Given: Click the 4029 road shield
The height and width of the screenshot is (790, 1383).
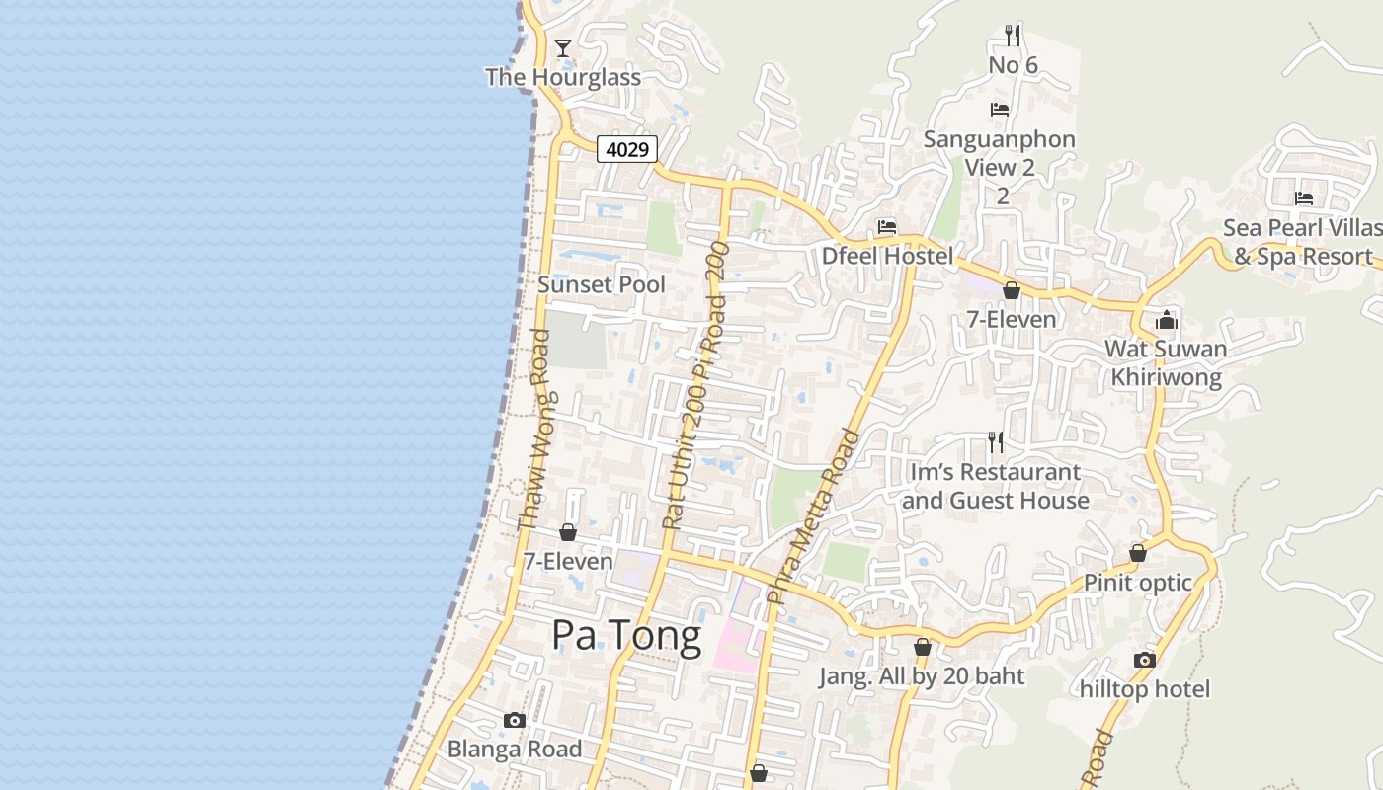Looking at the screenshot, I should [x=627, y=150].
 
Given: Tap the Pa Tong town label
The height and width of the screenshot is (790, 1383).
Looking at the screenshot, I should [x=626, y=635].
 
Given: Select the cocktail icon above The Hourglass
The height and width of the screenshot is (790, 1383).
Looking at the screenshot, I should [x=563, y=47].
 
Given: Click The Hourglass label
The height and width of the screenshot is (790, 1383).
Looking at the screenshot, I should [x=563, y=77].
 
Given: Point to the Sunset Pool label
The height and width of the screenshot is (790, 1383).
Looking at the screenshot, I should [x=602, y=284].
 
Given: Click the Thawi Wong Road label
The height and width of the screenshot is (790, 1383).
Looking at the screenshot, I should [x=534, y=429].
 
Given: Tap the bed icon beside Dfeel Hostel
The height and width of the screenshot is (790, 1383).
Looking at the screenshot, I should [x=887, y=227].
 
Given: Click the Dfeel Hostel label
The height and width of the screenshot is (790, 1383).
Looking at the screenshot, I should [x=888, y=256].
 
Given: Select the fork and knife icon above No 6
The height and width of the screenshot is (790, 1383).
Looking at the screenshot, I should [x=1013, y=36].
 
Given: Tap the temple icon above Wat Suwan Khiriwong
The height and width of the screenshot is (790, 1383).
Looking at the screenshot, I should [x=1167, y=320].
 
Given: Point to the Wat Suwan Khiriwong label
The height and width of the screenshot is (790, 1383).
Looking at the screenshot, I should [x=1166, y=362].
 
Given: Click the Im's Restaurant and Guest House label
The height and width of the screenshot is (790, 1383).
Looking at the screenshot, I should [x=996, y=486].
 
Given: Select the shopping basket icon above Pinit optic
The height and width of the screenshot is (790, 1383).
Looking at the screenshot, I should [x=1138, y=553].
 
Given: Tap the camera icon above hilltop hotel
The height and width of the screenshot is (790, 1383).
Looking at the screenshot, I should [x=1145, y=660].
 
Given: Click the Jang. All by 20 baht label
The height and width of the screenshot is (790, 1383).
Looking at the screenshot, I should [x=923, y=676].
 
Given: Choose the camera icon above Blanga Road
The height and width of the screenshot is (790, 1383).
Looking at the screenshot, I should [x=514, y=721].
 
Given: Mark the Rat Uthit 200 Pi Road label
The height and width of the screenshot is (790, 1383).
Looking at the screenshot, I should [x=693, y=385].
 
